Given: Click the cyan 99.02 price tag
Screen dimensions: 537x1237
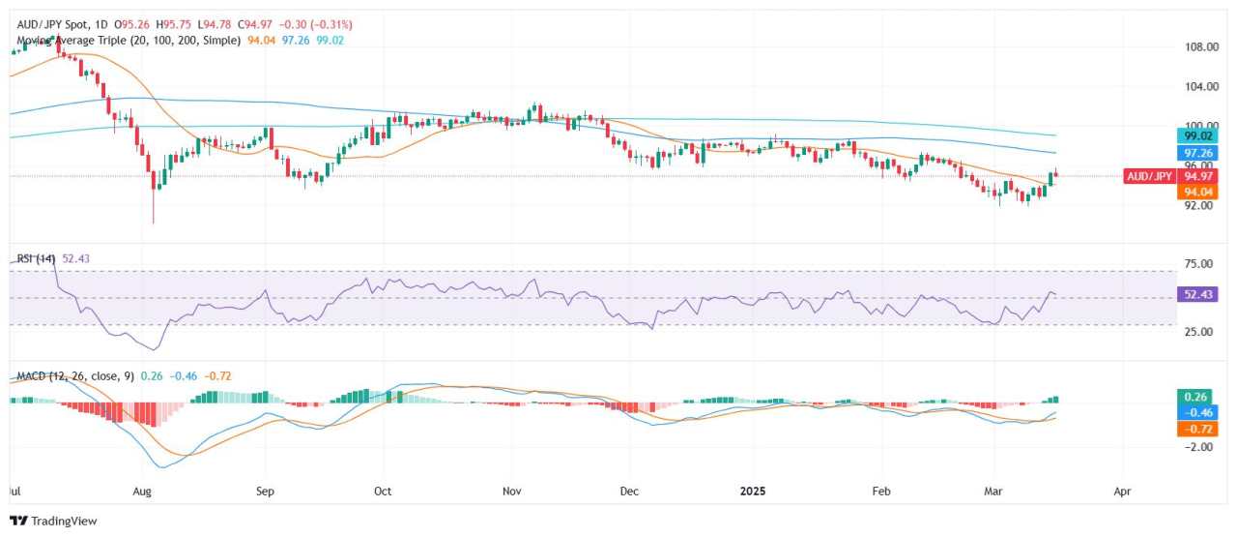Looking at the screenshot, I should click(1197, 136).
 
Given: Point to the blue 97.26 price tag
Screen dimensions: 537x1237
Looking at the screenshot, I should click(1197, 153).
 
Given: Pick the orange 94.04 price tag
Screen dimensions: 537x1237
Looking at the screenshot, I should click(1197, 193).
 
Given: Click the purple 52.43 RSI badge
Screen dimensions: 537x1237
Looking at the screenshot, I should click(1197, 294).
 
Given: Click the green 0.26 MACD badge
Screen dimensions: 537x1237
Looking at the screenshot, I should click(1197, 396).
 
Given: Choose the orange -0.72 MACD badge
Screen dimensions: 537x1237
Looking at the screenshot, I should click(1197, 429).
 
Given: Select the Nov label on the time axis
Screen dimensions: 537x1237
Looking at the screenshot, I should click(512, 491).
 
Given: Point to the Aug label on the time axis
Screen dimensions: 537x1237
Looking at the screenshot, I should click(142, 491).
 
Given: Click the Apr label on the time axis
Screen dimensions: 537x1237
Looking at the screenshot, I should click(1123, 491).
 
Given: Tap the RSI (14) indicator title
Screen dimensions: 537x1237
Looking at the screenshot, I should click(37, 258).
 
